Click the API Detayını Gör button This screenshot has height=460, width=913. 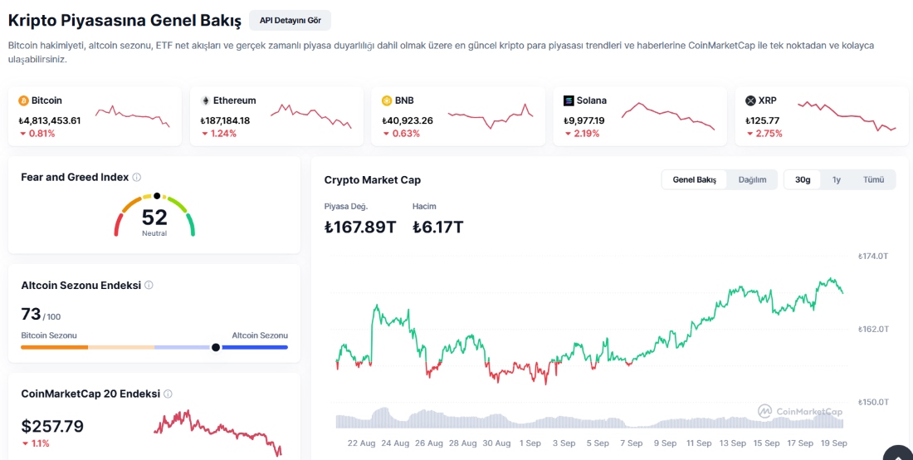tap(290, 20)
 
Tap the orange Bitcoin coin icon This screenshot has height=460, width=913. tap(23, 100)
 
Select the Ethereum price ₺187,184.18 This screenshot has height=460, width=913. tap(225, 120)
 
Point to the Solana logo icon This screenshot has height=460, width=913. tap(569, 100)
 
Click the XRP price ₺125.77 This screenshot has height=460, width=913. tap(763, 120)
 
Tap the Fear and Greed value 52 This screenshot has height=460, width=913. tap(154, 218)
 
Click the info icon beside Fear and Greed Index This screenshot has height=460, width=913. tap(137, 177)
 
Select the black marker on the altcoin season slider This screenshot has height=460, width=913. tap(216, 347)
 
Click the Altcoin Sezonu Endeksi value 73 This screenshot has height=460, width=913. tap(31, 314)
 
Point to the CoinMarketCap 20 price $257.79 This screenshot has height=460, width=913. tap(52, 427)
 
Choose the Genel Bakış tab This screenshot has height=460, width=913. tap(694, 179)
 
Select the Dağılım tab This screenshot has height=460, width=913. tap(752, 179)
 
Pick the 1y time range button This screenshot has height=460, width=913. tap(837, 179)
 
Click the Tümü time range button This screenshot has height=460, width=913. tap(873, 179)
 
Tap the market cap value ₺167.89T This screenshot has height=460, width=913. tap(360, 227)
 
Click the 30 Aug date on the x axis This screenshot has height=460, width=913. tap(496, 443)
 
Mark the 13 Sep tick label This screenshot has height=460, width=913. tap(732, 443)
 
